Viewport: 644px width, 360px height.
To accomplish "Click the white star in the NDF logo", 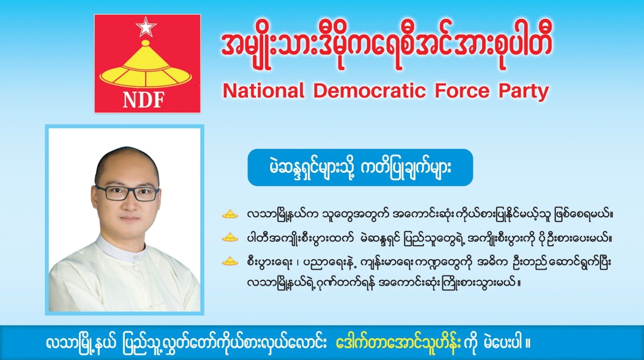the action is point(146,27).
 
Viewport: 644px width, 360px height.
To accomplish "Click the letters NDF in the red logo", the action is point(144,100).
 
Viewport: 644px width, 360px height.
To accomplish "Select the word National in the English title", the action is point(263,91).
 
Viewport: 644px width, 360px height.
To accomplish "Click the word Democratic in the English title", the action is point(369,91).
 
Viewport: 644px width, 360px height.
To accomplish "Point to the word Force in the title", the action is point(462,91).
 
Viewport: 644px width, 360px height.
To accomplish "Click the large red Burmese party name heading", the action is point(387,46).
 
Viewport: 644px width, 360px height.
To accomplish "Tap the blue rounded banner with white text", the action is point(360,167).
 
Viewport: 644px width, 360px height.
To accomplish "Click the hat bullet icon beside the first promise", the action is point(230,215).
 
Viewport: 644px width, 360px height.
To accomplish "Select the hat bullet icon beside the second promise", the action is point(230,238).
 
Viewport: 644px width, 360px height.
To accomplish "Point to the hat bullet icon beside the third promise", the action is point(230,261).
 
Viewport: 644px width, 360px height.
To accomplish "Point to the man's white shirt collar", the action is point(121,249).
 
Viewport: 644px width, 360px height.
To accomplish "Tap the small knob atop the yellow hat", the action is point(146,43).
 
